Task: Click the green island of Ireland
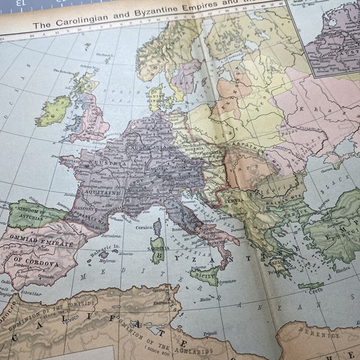point(54,111)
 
